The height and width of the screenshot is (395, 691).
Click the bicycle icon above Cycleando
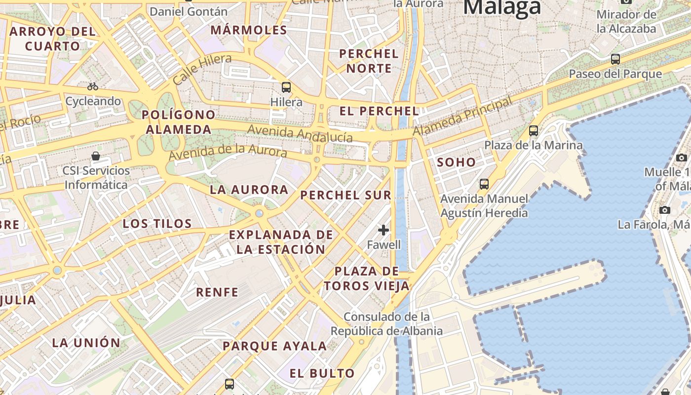click(93, 86)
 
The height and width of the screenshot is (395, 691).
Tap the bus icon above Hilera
click(286, 87)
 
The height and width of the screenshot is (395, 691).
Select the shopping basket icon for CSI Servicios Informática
click(96, 156)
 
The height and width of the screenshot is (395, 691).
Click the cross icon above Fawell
click(384, 230)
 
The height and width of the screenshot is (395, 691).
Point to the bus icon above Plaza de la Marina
click(533, 131)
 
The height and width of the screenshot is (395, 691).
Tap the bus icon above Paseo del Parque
click(615, 59)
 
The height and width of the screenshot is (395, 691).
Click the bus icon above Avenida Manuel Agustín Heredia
click(484, 184)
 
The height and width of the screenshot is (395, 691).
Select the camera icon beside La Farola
click(664, 210)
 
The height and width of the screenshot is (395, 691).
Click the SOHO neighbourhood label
click(456, 162)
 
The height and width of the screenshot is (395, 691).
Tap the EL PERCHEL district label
click(379, 111)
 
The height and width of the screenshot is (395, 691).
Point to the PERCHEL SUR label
click(345, 195)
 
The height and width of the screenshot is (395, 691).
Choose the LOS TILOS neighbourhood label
click(157, 224)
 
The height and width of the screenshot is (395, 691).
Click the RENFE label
click(217, 292)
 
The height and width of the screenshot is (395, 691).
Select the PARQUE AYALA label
click(274, 346)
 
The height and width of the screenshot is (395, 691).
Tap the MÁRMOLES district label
click(249, 30)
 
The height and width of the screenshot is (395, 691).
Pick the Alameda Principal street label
click(462, 117)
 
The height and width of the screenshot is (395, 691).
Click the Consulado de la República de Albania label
click(386, 323)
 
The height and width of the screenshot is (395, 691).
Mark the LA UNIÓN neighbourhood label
click(86, 343)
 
